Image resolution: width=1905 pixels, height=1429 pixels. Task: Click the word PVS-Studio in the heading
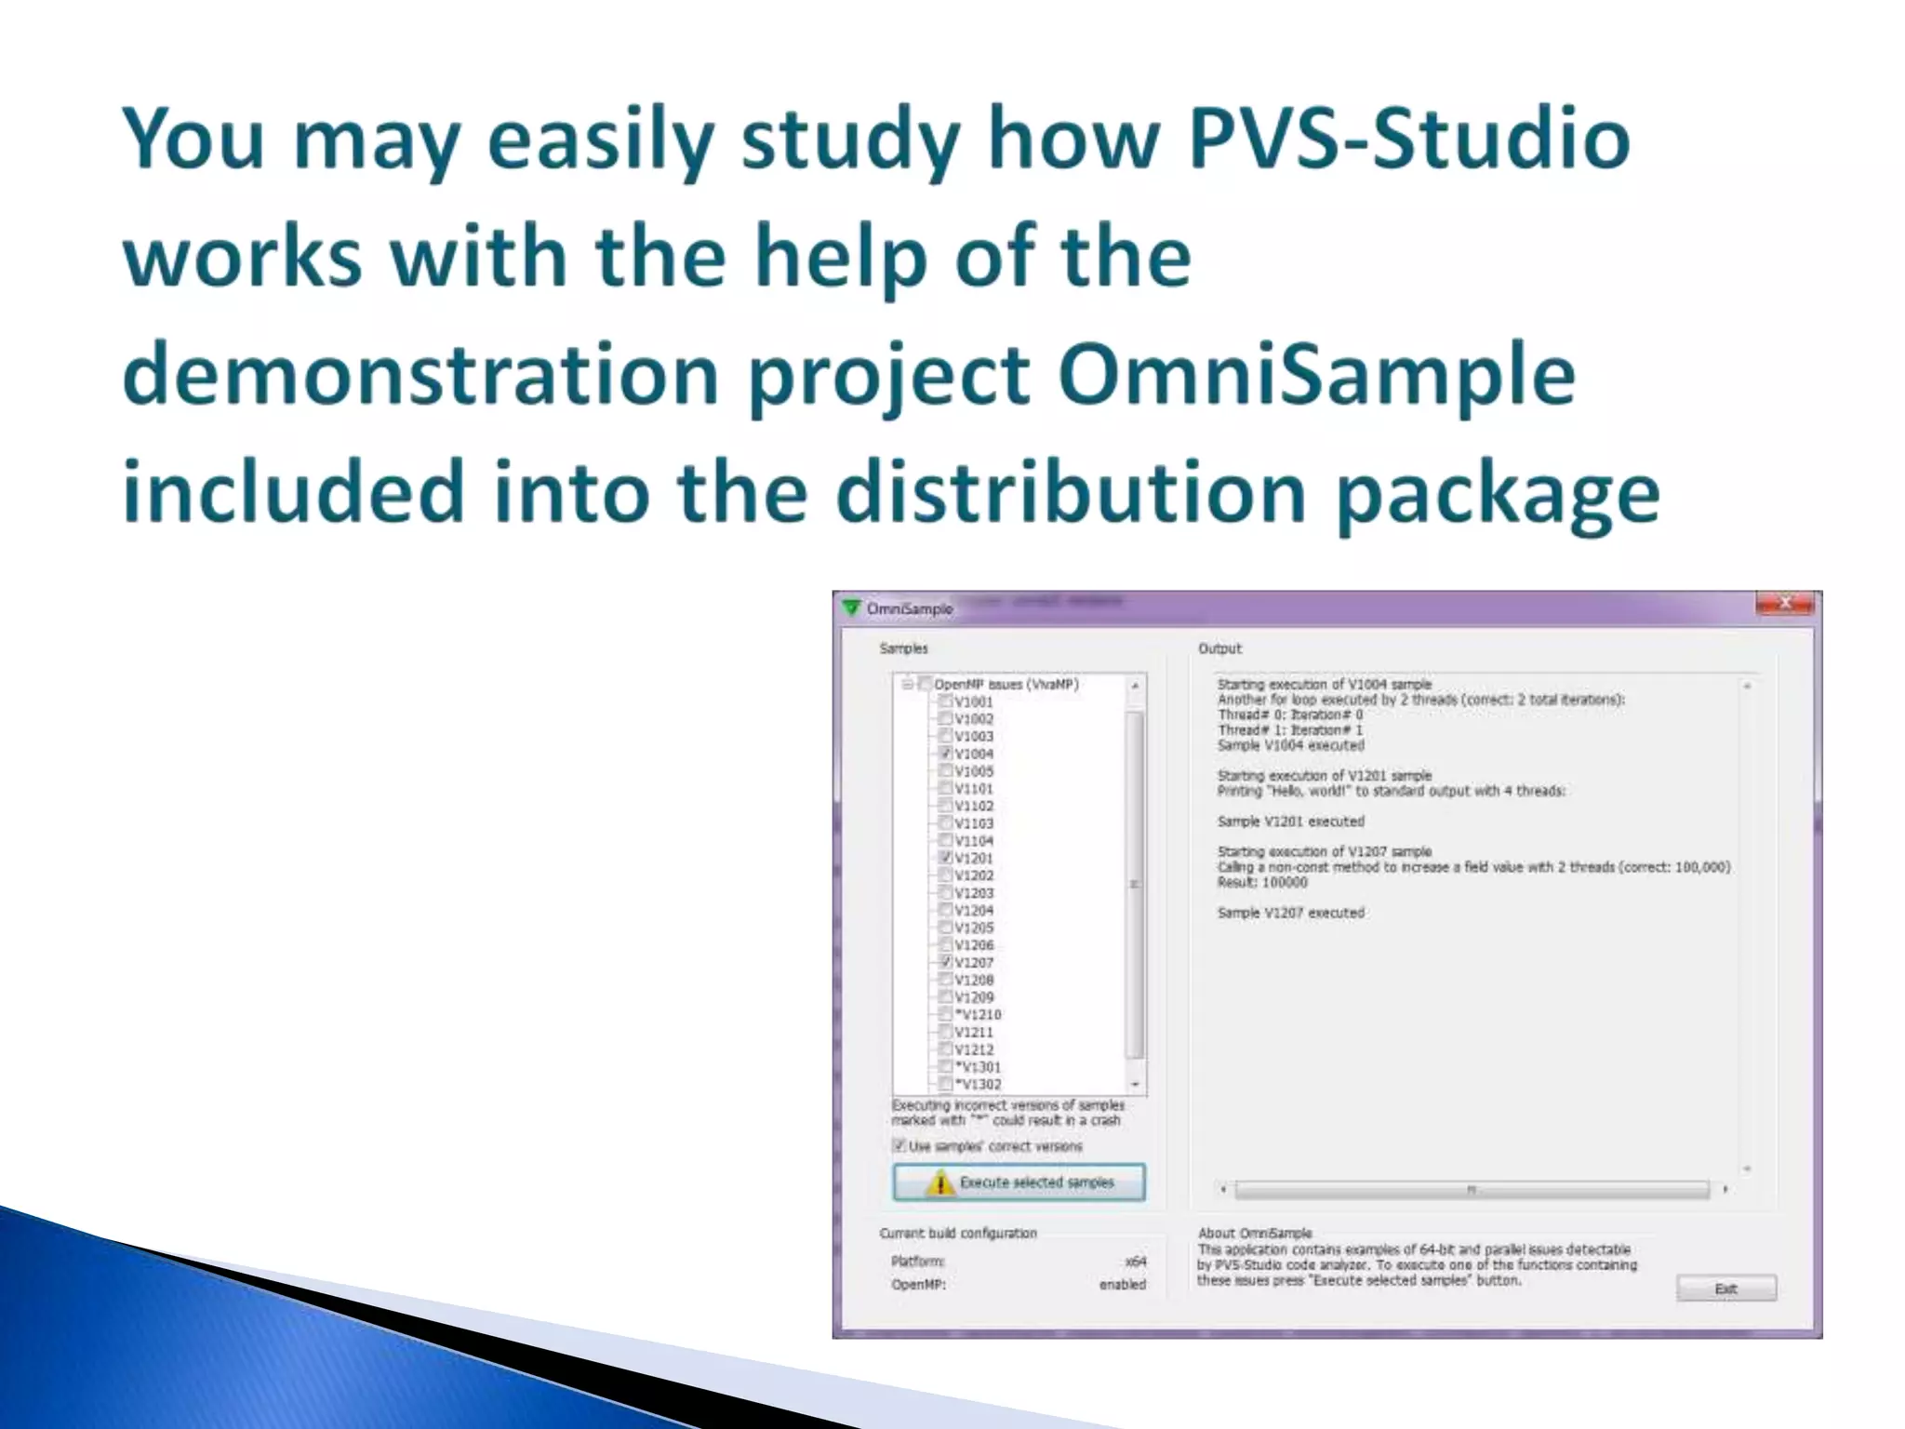click(1408, 140)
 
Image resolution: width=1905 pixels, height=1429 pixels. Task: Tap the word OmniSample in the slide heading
click(1316, 376)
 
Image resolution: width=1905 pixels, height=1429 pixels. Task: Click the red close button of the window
click(1785, 604)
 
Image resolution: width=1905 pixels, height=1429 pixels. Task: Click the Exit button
click(1725, 1289)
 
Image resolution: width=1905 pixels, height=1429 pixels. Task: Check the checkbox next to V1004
click(945, 754)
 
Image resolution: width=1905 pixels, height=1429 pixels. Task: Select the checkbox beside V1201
click(945, 858)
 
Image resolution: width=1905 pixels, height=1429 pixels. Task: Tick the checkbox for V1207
click(945, 962)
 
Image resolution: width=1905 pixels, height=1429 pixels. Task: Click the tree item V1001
click(974, 702)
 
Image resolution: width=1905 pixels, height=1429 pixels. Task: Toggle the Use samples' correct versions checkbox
click(899, 1145)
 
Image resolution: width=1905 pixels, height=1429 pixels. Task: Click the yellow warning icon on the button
click(940, 1183)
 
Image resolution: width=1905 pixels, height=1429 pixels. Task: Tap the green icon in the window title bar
click(851, 608)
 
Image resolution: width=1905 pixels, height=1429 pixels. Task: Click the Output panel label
click(1219, 648)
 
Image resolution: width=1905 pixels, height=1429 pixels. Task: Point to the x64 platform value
click(1135, 1262)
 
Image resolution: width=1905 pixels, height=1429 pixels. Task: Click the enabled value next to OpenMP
click(1122, 1285)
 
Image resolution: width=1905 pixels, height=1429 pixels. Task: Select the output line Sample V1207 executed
click(1290, 913)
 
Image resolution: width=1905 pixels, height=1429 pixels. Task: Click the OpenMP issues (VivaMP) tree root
click(1006, 685)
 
